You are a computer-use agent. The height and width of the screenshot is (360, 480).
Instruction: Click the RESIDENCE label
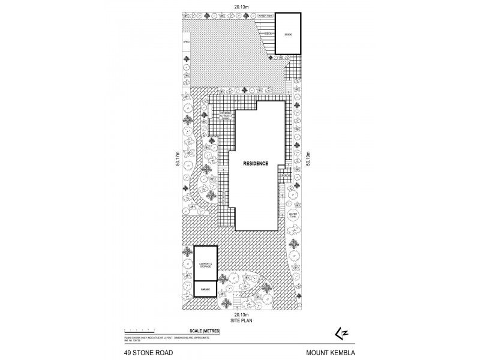(x=256, y=163)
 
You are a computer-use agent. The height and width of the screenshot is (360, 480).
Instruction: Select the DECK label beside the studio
(x=269, y=34)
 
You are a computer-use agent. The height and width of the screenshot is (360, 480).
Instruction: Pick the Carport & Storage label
(x=205, y=265)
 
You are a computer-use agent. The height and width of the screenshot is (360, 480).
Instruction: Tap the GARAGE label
(x=205, y=289)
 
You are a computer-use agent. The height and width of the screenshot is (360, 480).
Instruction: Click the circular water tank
(x=293, y=214)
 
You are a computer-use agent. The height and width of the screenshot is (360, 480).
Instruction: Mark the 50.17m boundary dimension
(x=178, y=163)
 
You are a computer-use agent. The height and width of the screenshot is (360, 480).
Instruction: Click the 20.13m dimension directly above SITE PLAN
(x=242, y=314)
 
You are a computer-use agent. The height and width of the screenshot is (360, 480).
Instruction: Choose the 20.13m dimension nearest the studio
(x=242, y=8)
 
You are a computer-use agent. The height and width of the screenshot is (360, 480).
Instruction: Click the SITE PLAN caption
(x=242, y=321)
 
